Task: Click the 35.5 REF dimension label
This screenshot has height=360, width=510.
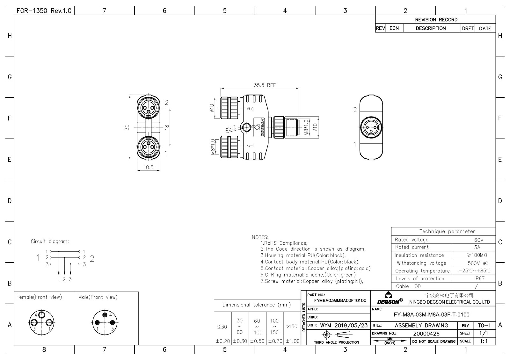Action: tap(265, 85)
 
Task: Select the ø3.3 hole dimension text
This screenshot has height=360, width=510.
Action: tap(230, 129)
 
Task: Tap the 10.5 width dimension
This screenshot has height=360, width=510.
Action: tap(148, 168)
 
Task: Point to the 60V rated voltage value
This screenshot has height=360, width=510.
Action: tap(478, 240)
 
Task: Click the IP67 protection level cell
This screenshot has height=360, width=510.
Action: tap(479, 278)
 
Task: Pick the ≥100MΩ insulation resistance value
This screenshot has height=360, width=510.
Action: tap(477, 255)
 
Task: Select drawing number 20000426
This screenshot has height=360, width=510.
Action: tap(426, 334)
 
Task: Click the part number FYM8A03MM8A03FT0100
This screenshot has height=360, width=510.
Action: tap(340, 300)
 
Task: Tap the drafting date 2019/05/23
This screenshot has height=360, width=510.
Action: tap(351, 325)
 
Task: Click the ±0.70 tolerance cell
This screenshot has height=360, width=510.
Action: tap(275, 341)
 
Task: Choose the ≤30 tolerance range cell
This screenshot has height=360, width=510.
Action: tap(222, 327)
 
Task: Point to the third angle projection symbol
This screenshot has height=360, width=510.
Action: tap(337, 335)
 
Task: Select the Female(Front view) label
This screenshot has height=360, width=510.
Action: tap(39, 297)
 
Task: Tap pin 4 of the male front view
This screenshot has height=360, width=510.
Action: tap(105, 315)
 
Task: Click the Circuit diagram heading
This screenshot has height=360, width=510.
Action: tap(50, 241)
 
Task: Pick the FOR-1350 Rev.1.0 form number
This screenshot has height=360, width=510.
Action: tap(44, 11)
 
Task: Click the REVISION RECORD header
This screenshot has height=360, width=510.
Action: tap(436, 19)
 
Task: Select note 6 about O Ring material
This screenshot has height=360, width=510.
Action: tap(308, 275)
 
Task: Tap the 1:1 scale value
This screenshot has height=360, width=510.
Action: tap(484, 341)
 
